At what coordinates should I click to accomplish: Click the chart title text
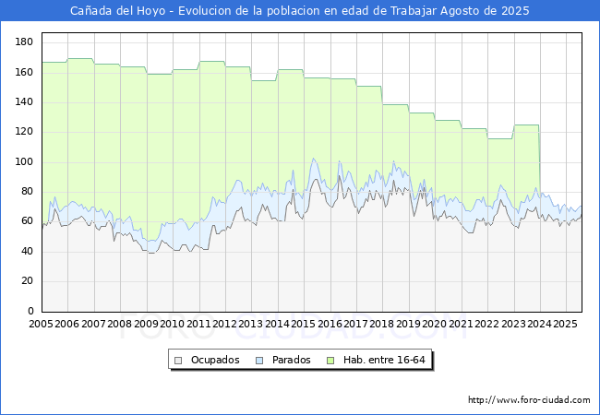coord(300,11)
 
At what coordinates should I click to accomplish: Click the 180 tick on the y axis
coord(26,42)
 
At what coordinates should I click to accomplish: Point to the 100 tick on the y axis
coord(26,162)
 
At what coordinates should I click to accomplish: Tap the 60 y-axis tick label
coord(29,221)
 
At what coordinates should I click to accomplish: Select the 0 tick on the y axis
coord(31,311)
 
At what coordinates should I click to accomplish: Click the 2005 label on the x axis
coord(42,325)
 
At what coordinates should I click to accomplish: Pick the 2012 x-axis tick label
coord(225,325)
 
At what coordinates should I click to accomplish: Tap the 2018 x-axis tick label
coord(382,325)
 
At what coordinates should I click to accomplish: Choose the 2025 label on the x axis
coord(565,325)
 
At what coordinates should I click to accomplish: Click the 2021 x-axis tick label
coord(461,325)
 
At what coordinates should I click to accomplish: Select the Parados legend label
coord(292,360)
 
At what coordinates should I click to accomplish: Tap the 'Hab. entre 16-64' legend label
coord(386,360)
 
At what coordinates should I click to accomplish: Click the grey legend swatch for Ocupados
coord(179,360)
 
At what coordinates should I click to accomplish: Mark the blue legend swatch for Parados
coord(260,360)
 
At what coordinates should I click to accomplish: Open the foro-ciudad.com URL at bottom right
coord(529,400)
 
